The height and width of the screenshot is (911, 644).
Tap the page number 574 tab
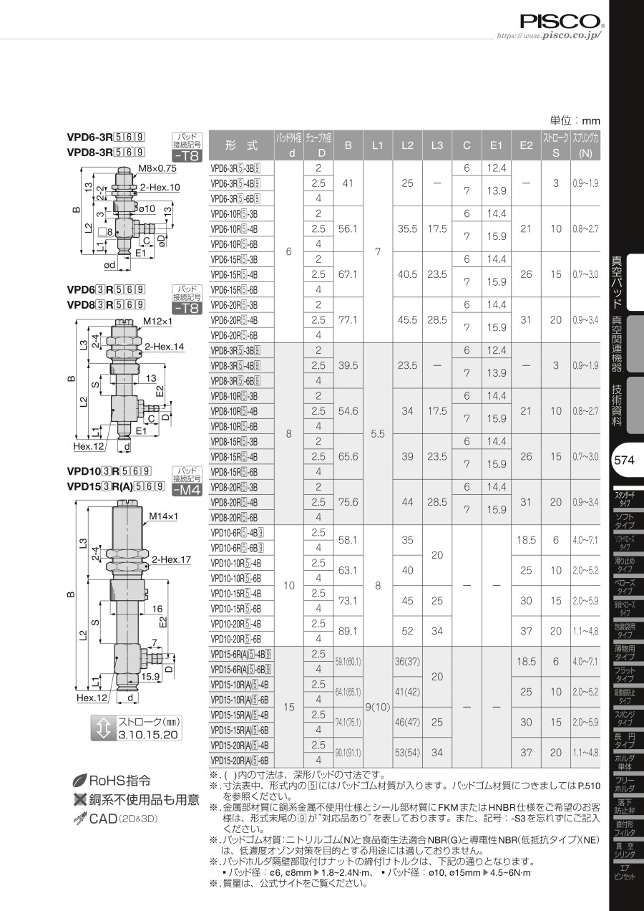(624, 460)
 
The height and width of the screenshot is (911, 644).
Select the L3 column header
(437, 145)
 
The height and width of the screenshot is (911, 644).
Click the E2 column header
(526, 145)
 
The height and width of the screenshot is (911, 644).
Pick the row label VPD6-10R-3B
(234, 214)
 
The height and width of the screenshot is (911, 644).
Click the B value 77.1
(348, 320)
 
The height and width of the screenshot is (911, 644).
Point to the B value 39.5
(348, 366)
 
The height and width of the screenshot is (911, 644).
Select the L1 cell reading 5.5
(378, 434)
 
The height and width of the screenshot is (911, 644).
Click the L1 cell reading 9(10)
(378, 708)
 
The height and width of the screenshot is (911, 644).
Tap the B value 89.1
(348, 631)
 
